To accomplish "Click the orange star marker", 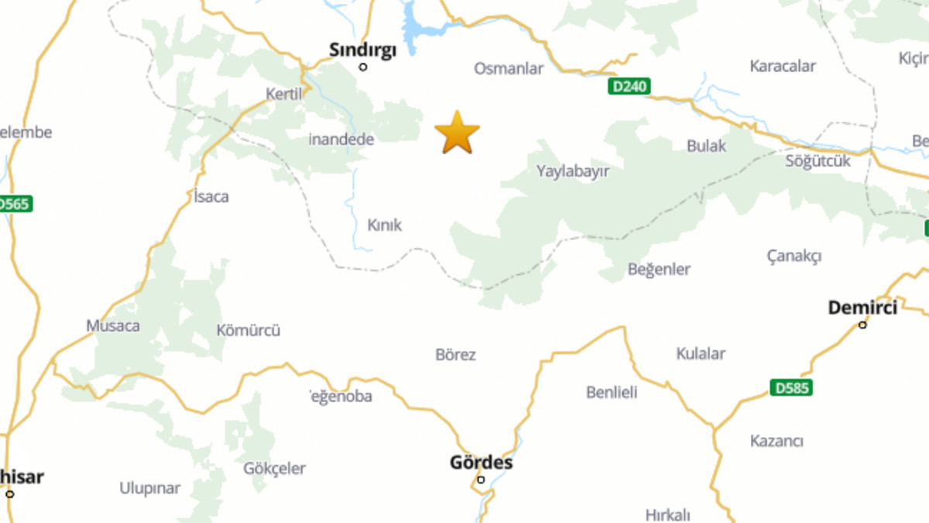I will (457, 132).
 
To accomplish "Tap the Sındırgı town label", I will (362, 50).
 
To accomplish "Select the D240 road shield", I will (629, 86).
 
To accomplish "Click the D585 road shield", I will (791, 387).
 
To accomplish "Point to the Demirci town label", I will (862, 308).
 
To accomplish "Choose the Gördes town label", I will (481, 463).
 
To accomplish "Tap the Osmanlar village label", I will (509, 69).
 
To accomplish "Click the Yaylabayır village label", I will (573, 171).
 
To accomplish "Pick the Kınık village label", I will (385, 225).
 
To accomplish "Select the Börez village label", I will (456, 355).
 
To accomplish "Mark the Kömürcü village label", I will (249, 330).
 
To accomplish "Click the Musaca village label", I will (113, 325).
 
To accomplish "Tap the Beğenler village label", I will (659, 270).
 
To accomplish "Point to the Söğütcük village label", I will (818, 161).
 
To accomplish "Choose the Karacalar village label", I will (783, 66).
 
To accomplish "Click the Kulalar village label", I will (701, 353).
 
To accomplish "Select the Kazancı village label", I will (776, 441).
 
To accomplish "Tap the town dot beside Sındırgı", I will (363, 67).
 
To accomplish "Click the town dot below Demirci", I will (862, 325).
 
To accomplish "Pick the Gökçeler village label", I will (274, 469).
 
